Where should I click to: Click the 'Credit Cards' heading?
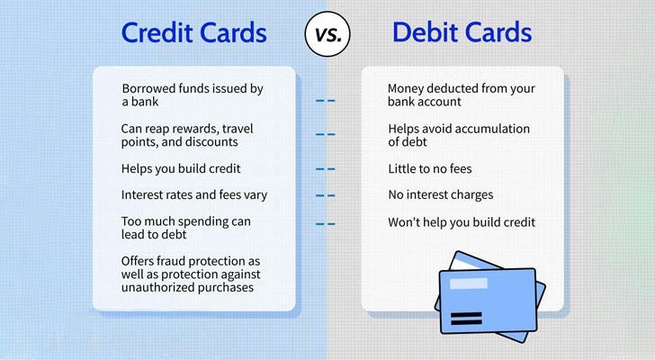pos(193,33)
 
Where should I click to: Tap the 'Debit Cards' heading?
pos(462,32)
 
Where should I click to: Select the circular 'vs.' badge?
pos(327,34)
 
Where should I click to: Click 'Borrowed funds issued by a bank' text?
pos(193,94)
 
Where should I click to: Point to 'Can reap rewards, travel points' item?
pos(187,135)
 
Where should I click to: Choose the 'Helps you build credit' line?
pos(181,168)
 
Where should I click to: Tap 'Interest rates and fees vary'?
pos(194,195)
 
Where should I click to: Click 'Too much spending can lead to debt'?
pos(186,228)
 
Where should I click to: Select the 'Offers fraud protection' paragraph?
pos(191,274)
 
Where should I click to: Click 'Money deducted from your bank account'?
pos(462,94)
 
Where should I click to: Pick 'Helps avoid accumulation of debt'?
pos(459,135)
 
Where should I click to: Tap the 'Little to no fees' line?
pos(430,168)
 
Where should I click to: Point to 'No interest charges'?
pos(441,195)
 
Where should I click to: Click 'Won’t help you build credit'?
pos(462,222)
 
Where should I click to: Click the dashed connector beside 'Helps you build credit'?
pos(326,169)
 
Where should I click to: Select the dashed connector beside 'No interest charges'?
pos(326,195)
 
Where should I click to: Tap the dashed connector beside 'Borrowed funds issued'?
pos(326,101)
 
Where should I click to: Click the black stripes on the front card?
pos(467,319)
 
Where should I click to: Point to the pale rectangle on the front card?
pos(468,283)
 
